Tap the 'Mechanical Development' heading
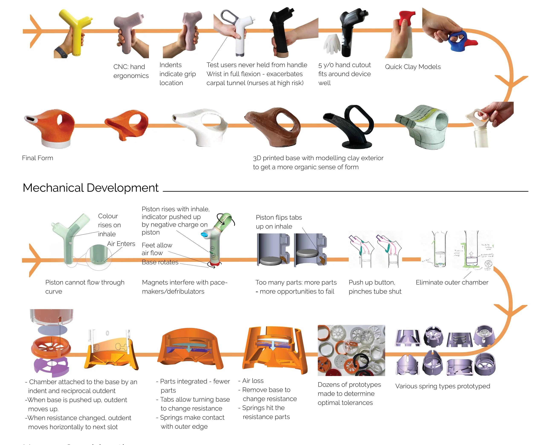(x=91, y=188)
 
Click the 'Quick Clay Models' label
(x=413, y=67)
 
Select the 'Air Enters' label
(x=121, y=244)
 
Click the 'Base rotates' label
(x=160, y=262)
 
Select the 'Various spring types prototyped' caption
(x=443, y=386)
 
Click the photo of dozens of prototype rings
(x=351, y=350)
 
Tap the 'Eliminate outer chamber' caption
(x=452, y=283)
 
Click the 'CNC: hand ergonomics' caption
(x=131, y=71)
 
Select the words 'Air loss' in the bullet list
(x=253, y=381)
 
